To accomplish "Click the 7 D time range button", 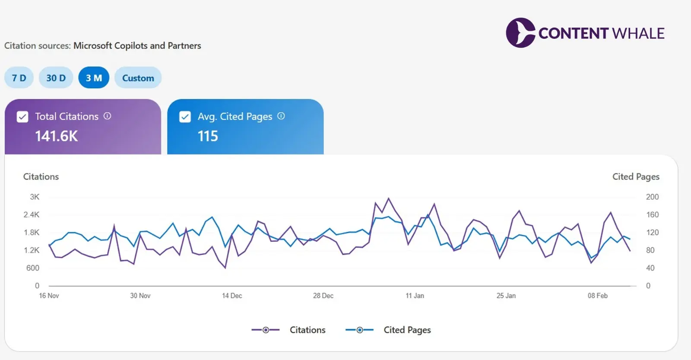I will click(x=19, y=78).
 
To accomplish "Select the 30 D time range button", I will click(x=56, y=78).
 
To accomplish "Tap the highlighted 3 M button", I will click(x=94, y=78).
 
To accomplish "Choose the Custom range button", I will click(x=138, y=78).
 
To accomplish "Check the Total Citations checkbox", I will click(x=22, y=117).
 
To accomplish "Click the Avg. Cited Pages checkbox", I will click(x=185, y=117).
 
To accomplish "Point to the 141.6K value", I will click(x=57, y=136).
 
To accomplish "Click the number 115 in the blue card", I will click(x=208, y=136).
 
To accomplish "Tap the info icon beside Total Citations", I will click(x=108, y=116).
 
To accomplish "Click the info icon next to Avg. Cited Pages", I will click(x=281, y=116).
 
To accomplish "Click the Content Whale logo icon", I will click(x=520, y=33).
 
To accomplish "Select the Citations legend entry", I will click(x=288, y=330).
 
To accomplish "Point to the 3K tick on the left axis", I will click(x=35, y=197).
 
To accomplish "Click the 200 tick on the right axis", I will click(x=652, y=197).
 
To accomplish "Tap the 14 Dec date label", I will click(x=232, y=296).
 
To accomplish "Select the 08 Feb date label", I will click(x=597, y=296).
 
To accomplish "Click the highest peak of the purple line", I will click(x=389, y=199).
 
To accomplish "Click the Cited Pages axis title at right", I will click(x=636, y=177).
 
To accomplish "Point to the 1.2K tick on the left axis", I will click(x=32, y=250).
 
